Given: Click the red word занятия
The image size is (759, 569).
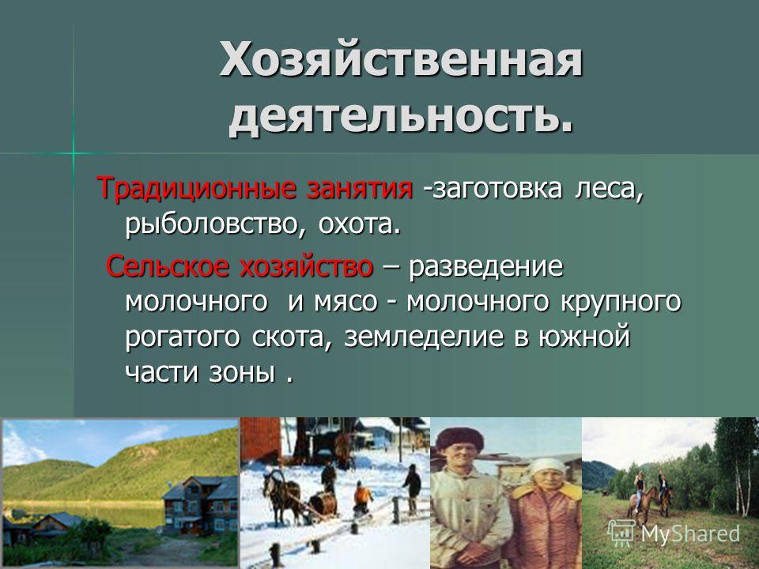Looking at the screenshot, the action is [x=360, y=188].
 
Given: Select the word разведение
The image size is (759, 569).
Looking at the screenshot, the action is [x=486, y=267].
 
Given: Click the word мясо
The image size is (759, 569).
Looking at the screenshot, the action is [x=346, y=302].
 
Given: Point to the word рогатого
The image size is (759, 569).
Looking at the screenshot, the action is [x=183, y=337].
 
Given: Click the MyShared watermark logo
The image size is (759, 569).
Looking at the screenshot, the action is [x=674, y=533].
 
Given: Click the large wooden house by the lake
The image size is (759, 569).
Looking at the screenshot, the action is [x=200, y=506].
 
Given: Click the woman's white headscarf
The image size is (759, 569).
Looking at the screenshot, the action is [x=548, y=469].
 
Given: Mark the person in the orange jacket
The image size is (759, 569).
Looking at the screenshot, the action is [x=361, y=499].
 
